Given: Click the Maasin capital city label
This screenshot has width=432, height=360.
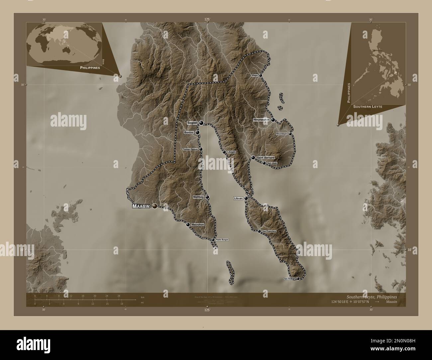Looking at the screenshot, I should [x=142, y=207].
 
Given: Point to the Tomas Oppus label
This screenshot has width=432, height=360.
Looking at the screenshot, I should [x=190, y=149].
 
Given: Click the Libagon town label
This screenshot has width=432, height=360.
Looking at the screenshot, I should [x=231, y=152].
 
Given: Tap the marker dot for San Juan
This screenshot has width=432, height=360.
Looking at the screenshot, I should [x=264, y=163].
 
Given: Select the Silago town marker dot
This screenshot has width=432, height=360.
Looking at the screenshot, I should [x=261, y=75].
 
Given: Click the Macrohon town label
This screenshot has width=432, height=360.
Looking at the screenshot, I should [x=197, y=225].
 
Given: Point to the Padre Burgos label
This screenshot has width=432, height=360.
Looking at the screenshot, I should [x=222, y=239].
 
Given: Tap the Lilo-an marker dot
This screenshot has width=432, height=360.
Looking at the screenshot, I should [x=246, y=198].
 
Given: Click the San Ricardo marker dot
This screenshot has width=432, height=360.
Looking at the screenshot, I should [x=298, y=278].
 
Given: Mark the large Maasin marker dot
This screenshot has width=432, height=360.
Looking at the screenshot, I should [x=155, y=207].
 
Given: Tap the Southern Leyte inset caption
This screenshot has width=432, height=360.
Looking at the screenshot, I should [x=368, y=107].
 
